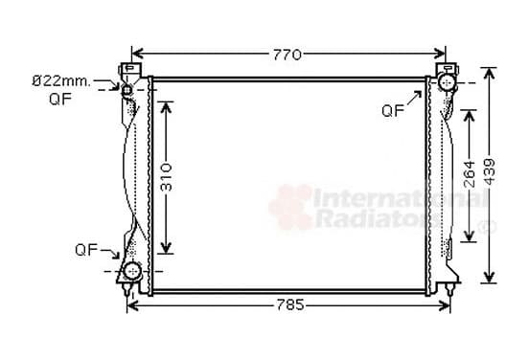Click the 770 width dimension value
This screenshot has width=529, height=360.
pos(287,55)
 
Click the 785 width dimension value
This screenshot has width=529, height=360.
pos(290,305)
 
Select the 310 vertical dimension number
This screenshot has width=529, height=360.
pos(167,177)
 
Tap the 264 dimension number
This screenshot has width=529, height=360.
pos(470,174)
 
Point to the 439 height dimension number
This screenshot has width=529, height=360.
pos(490,171)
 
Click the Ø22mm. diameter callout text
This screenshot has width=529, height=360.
pos(61,81)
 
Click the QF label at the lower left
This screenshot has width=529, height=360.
pos(86,250)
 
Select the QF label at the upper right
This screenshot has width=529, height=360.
pos(393,110)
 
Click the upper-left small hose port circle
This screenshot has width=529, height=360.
pos(126,90)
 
